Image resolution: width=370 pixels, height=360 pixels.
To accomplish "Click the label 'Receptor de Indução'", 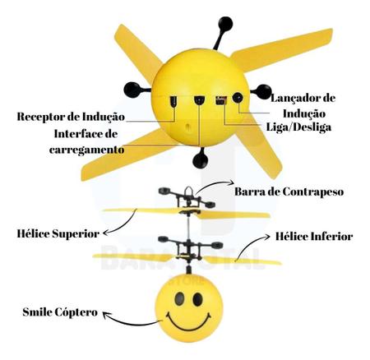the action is click(x=71, y=117).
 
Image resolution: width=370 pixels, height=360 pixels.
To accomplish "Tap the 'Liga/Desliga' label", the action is click(x=298, y=127).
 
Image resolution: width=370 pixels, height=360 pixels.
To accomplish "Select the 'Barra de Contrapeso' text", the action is click(x=289, y=192).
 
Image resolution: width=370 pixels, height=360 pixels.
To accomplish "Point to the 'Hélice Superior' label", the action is click(x=58, y=233).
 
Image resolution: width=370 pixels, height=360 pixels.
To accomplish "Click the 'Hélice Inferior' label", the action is click(x=314, y=237).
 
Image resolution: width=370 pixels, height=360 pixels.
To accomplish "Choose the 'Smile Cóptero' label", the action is click(x=60, y=312).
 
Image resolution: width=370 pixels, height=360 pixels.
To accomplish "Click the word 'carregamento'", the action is click(x=86, y=150).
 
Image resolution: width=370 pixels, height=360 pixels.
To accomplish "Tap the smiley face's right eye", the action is click(x=197, y=299).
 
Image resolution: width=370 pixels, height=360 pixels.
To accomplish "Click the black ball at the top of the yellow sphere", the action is click(x=226, y=24).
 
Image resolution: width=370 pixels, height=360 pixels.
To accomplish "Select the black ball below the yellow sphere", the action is click(x=201, y=160).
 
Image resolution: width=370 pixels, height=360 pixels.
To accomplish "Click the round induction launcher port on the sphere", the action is click(x=238, y=98).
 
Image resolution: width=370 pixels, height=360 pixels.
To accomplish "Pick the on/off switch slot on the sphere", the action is click(x=221, y=100).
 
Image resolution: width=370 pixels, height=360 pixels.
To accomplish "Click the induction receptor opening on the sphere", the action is click(x=173, y=101).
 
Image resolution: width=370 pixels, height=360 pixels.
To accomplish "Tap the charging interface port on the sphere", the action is click(x=199, y=99).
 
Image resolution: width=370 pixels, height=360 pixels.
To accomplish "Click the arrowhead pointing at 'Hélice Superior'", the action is click(x=104, y=233).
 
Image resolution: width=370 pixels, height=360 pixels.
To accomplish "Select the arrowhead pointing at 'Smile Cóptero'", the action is click(x=105, y=315).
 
